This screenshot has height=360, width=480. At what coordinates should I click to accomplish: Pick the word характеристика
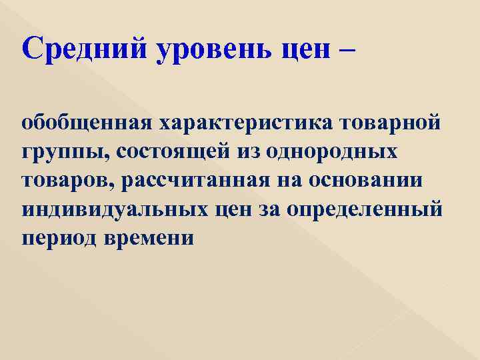(x=235, y=124)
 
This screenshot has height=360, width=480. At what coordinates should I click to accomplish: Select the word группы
(x=59, y=153)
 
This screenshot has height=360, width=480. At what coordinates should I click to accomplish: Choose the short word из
(x=251, y=153)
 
